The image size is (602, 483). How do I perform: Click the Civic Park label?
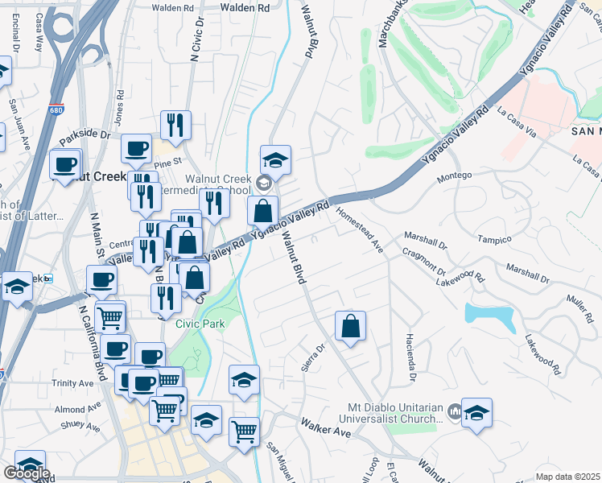(200, 324)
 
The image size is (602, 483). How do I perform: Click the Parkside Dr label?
(84, 137)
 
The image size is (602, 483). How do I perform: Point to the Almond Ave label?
(70, 410)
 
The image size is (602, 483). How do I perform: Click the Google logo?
(27, 473)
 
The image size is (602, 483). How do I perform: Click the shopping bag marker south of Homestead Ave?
(350, 327)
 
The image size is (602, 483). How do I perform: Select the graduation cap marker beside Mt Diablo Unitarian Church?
(476, 413)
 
